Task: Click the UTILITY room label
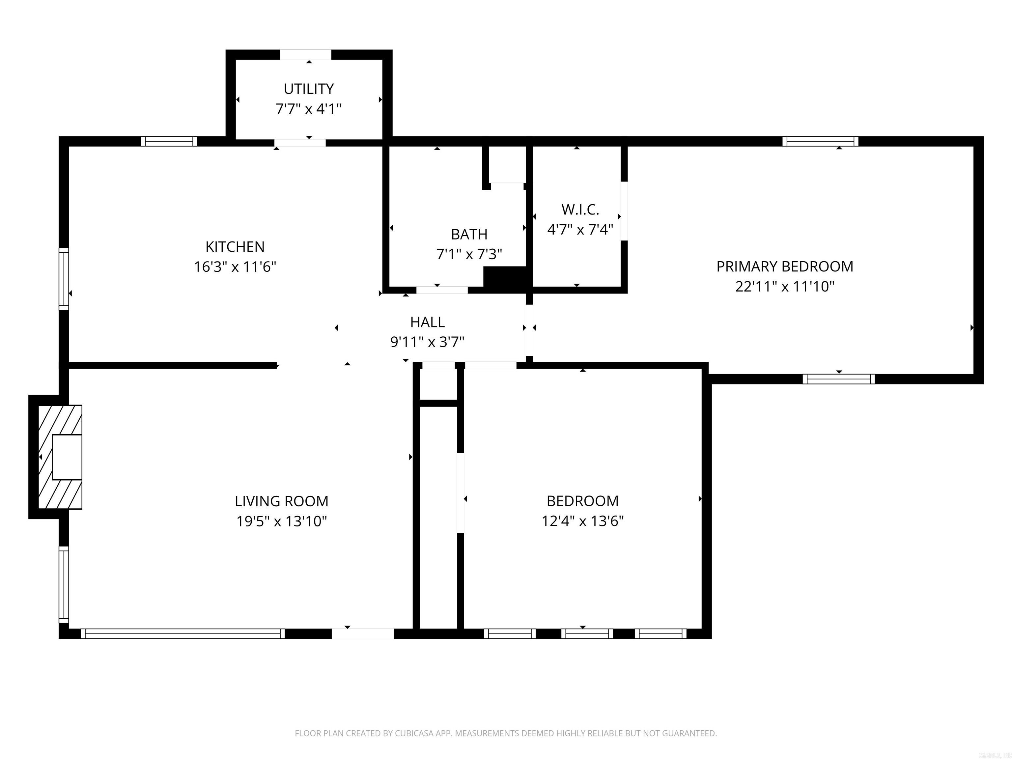pyautogui.click(x=308, y=88)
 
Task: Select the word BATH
pyautogui.click(x=469, y=234)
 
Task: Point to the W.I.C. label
pyautogui.click(x=580, y=210)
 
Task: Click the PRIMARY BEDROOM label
pyautogui.click(x=785, y=266)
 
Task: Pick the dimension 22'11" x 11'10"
pyautogui.click(x=785, y=286)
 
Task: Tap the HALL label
pyautogui.click(x=427, y=322)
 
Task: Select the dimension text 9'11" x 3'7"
pyautogui.click(x=427, y=342)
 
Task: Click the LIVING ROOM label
pyautogui.click(x=281, y=501)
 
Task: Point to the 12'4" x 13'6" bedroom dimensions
pyautogui.click(x=582, y=521)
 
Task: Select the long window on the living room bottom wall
pyautogui.click(x=183, y=633)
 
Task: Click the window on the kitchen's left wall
pyautogui.click(x=64, y=279)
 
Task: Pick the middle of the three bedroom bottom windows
pyautogui.click(x=587, y=633)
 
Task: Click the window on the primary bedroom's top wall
pyautogui.click(x=820, y=141)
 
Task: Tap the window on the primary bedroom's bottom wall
pyautogui.click(x=839, y=379)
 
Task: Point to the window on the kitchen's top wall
pyautogui.click(x=169, y=141)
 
